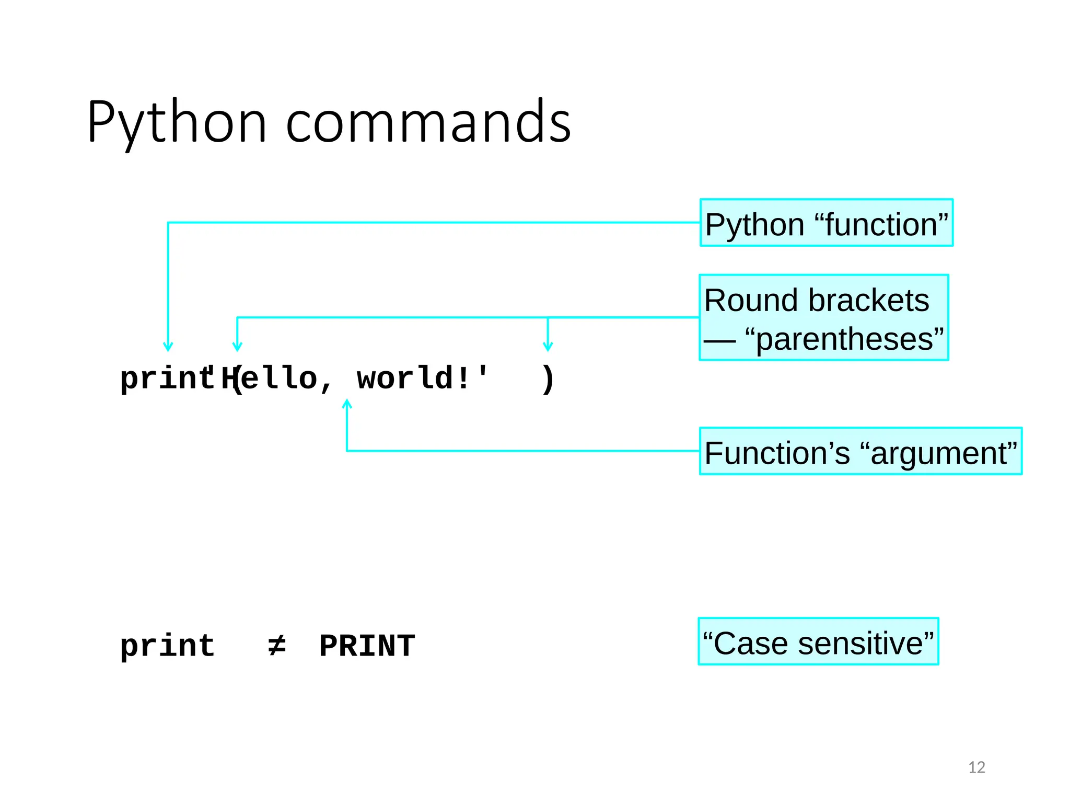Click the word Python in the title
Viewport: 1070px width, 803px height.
pos(177,123)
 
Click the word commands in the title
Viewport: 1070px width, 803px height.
pos(428,123)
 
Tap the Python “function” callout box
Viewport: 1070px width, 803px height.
pos(826,223)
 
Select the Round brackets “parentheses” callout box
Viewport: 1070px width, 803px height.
pos(823,318)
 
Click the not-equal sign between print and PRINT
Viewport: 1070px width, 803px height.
pos(276,646)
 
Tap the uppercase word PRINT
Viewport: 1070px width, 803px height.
pos(367,646)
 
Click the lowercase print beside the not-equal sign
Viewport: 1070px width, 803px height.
pos(167,646)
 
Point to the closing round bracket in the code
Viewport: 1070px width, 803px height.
pos(548,379)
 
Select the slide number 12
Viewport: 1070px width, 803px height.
pos(976,767)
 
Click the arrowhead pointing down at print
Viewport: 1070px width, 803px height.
pos(168,347)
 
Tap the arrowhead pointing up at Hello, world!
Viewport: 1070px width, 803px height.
pos(347,403)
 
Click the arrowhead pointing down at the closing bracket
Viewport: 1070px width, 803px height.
pos(548,347)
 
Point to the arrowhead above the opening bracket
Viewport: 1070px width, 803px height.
pos(237,347)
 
